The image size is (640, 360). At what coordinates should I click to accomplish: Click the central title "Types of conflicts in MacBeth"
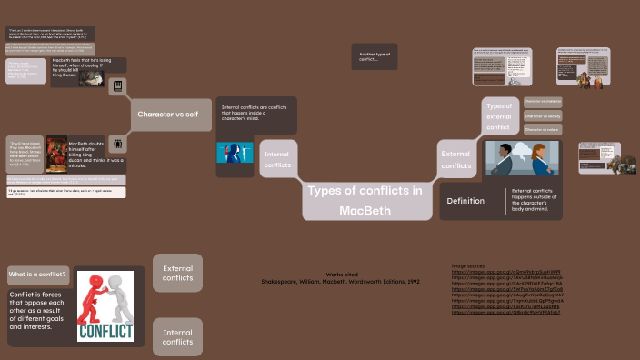pos(365,200)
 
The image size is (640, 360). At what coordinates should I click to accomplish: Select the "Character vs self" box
pos(168,115)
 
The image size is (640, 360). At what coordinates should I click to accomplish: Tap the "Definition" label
pos(465,201)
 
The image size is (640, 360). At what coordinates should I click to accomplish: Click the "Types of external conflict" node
pos(499,122)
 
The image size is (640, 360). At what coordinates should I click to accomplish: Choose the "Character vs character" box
pos(543,101)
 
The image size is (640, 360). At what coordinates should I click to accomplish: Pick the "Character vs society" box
pos(543,115)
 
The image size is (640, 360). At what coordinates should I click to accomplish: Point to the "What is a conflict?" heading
pos(37,274)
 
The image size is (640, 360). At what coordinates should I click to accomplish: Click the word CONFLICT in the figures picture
pos(105,330)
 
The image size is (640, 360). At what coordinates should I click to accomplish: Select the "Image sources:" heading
pos(469,265)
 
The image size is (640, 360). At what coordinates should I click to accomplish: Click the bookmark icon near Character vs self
pos(116,87)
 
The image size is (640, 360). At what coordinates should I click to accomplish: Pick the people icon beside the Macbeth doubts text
pos(117,144)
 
